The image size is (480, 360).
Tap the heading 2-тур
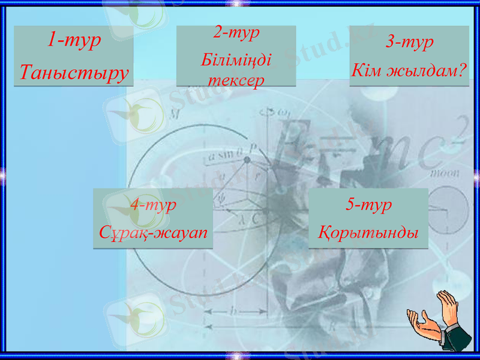click(x=236, y=32)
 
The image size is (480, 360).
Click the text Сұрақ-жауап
click(x=153, y=232)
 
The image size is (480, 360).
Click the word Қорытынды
click(x=368, y=232)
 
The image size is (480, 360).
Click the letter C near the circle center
click(x=256, y=220)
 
